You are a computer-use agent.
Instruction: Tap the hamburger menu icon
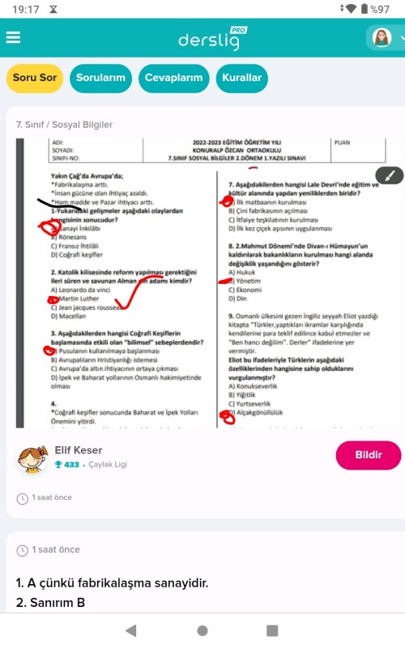pos(13,38)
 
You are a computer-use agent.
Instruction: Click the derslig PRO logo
pos(211,39)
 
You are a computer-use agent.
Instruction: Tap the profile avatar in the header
pos(381,37)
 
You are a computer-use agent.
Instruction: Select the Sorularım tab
pos(100,78)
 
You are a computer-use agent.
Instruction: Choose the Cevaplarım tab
pos(173,78)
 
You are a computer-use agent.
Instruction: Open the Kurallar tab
pos(242,78)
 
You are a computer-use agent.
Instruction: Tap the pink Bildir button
pos(369,454)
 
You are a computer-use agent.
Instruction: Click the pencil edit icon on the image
pos(390,176)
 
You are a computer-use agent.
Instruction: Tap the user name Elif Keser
pos(79,450)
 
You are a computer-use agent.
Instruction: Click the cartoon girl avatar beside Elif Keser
pos(33,458)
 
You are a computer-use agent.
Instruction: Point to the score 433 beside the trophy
pos(71,465)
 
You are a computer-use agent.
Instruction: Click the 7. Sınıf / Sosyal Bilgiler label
pos(65,125)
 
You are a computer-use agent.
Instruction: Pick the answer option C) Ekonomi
pos(245,290)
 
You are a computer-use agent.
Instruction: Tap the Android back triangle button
pos(131,630)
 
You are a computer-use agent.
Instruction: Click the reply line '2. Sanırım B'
pos(50,602)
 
